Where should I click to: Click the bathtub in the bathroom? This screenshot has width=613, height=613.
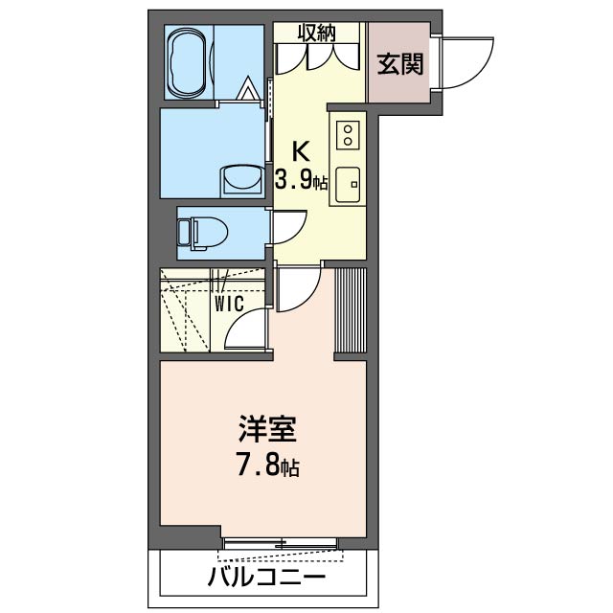(x=191, y=63)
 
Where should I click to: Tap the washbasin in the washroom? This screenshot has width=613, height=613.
(x=239, y=180)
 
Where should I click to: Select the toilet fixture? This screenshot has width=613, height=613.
(x=204, y=231)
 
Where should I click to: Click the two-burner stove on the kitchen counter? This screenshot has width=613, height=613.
(x=348, y=132)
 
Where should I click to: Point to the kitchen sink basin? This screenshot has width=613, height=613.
(x=347, y=181)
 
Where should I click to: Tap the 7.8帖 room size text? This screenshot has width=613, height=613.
(x=267, y=467)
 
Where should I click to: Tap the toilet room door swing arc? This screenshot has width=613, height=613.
(x=288, y=230)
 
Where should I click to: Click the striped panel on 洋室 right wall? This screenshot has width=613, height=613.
(x=350, y=310)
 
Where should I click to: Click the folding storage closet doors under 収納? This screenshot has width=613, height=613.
(x=318, y=57)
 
